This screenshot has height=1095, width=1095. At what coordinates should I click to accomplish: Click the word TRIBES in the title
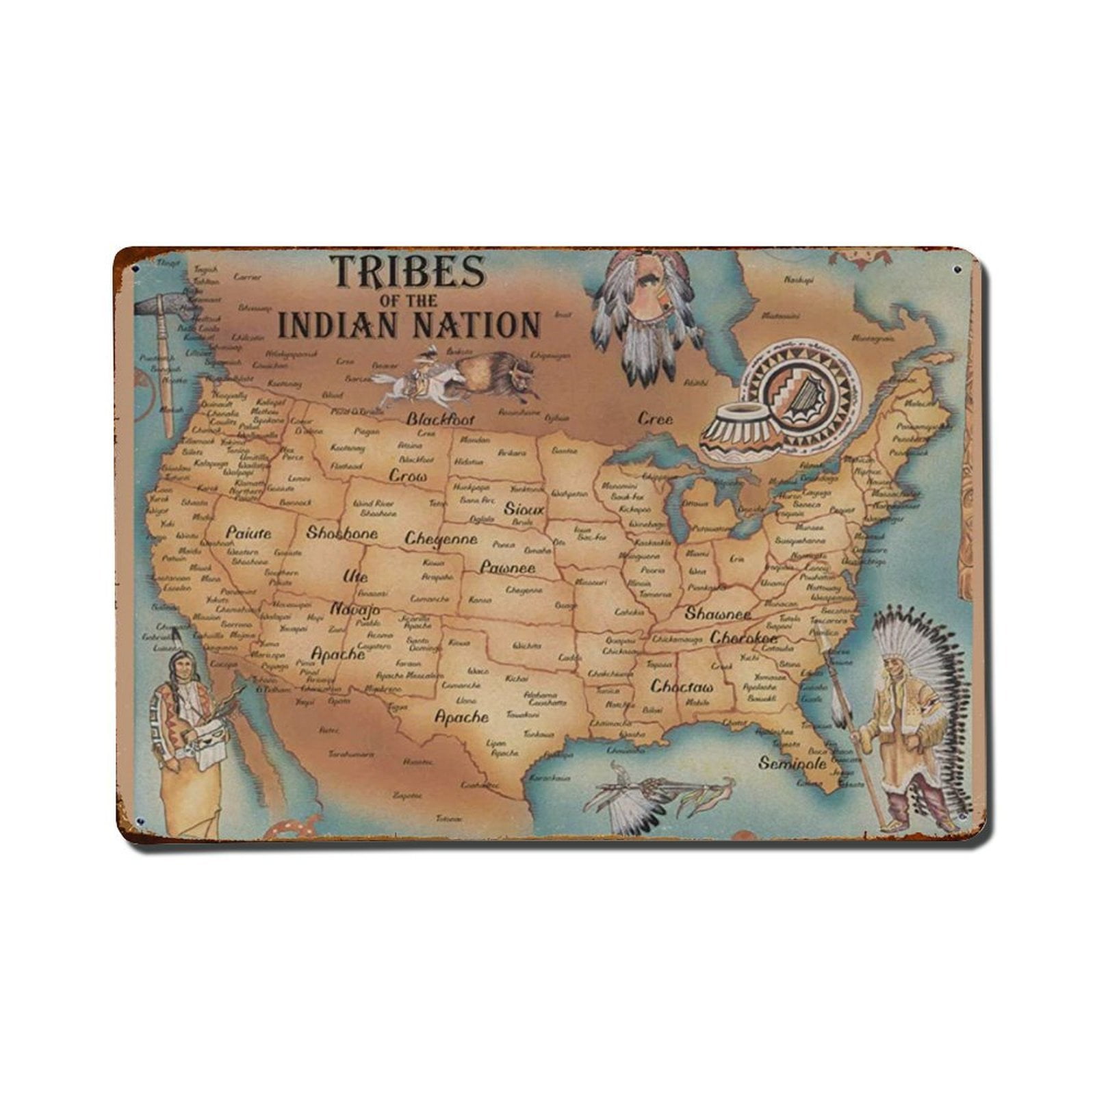(408, 272)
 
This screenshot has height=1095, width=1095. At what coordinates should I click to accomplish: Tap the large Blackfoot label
(440, 419)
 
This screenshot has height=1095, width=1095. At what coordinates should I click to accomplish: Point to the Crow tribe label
(408, 475)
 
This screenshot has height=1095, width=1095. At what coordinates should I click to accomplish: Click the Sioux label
(524, 509)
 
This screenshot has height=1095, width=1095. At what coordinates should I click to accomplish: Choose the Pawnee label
(507, 567)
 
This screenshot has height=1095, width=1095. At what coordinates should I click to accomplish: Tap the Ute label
(355, 576)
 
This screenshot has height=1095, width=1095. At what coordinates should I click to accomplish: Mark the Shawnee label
(717, 613)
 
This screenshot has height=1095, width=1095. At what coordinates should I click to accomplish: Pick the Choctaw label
(682, 686)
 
